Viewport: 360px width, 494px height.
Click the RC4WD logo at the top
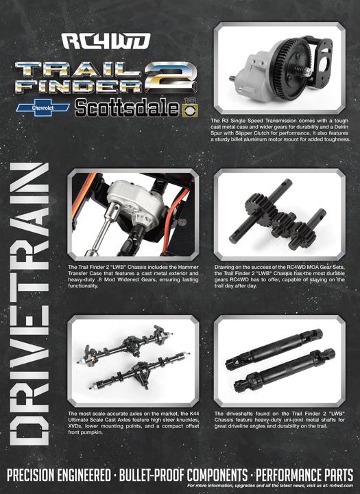click(106, 41)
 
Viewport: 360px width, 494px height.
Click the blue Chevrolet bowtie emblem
click(43, 108)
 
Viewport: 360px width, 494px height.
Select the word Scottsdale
click(127, 108)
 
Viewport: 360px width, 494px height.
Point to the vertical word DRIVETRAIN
click(29, 304)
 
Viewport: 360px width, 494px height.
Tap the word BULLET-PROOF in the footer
click(152, 475)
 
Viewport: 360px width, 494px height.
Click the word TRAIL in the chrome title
click(78, 69)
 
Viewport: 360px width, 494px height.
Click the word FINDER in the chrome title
click(79, 85)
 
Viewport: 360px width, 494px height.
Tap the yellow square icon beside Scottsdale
click(190, 110)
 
